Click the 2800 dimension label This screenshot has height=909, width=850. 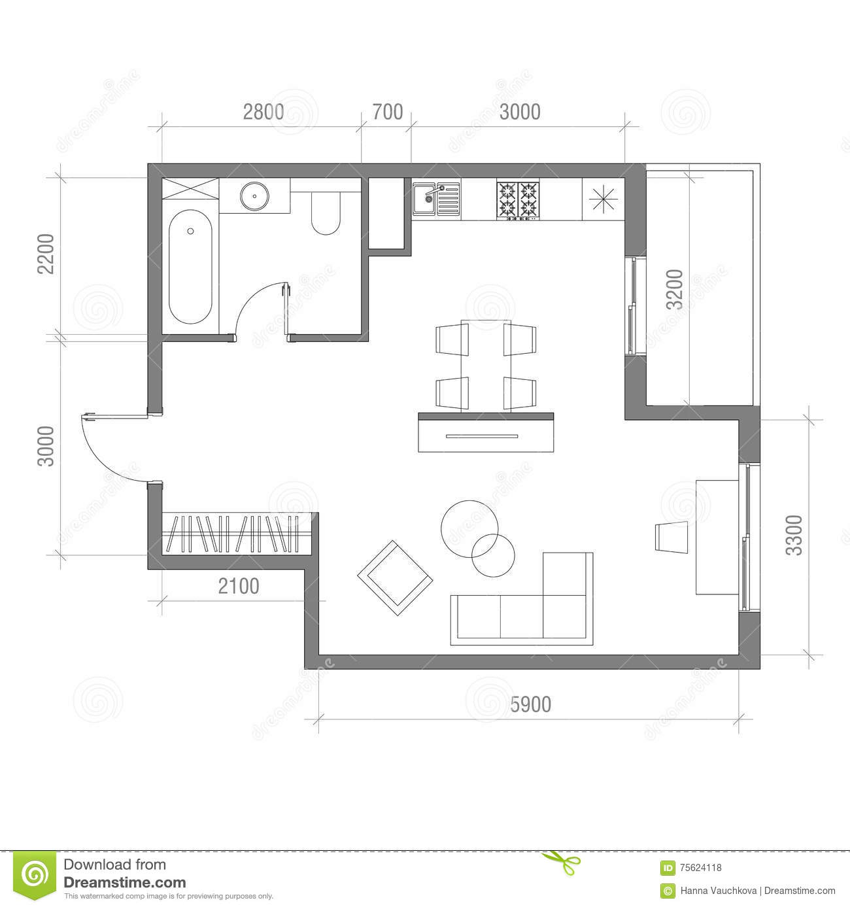coord(263,112)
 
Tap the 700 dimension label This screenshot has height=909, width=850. coord(387,112)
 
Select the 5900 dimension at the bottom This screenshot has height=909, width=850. coord(530,704)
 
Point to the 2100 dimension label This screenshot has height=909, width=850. coord(238,587)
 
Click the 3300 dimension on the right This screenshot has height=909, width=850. coord(793,536)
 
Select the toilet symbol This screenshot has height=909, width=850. coord(325,214)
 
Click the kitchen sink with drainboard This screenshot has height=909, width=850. coord(436,199)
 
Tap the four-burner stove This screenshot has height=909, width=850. coord(518,199)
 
